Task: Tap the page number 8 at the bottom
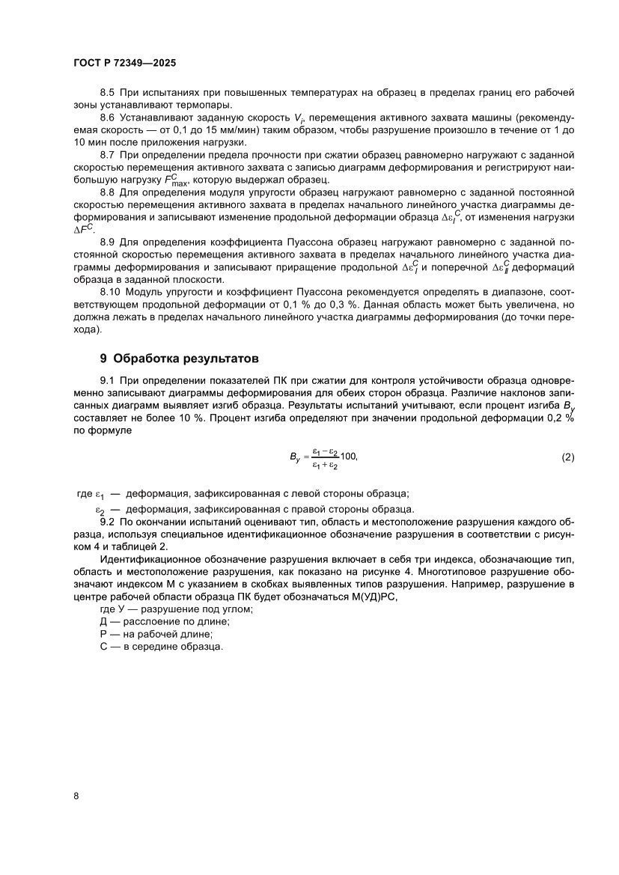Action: pyautogui.click(x=76, y=796)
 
